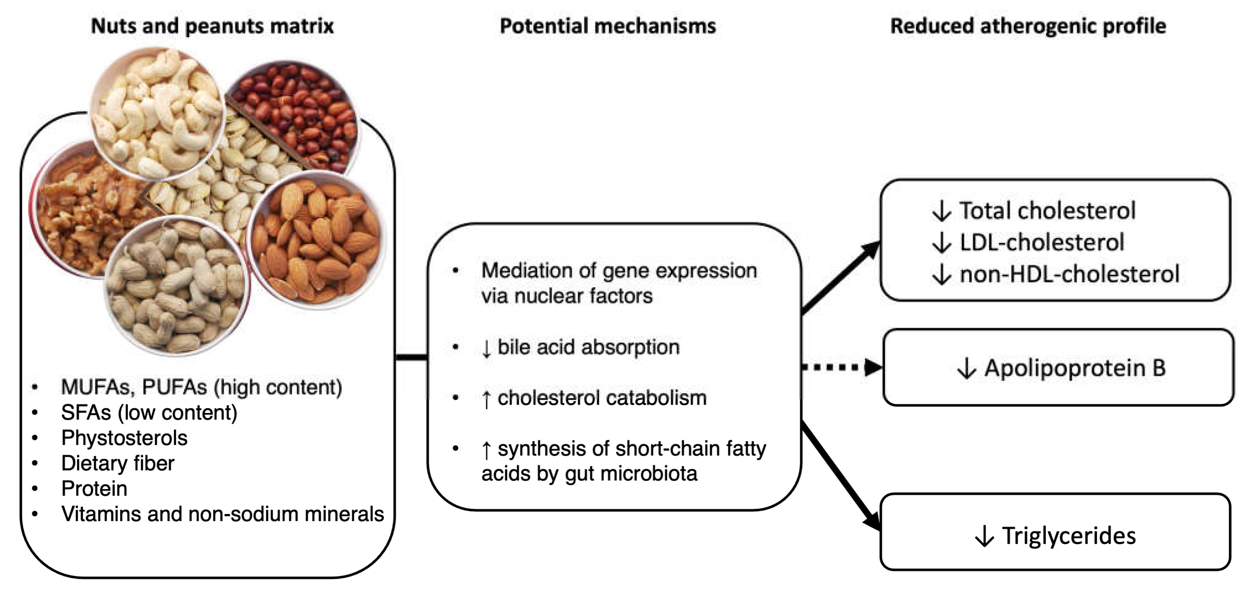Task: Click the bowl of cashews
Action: point(157,114)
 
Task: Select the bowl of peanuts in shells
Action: point(177,285)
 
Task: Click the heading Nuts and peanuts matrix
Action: point(212,26)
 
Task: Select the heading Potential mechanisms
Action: point(607,26)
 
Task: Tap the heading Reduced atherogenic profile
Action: point(1028,26)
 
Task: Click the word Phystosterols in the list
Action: point(124,438)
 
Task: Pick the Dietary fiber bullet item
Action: point(117,464)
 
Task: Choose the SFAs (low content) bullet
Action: point(149,413)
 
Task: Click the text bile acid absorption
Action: point(588,347)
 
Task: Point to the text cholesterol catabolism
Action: point(602,398)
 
